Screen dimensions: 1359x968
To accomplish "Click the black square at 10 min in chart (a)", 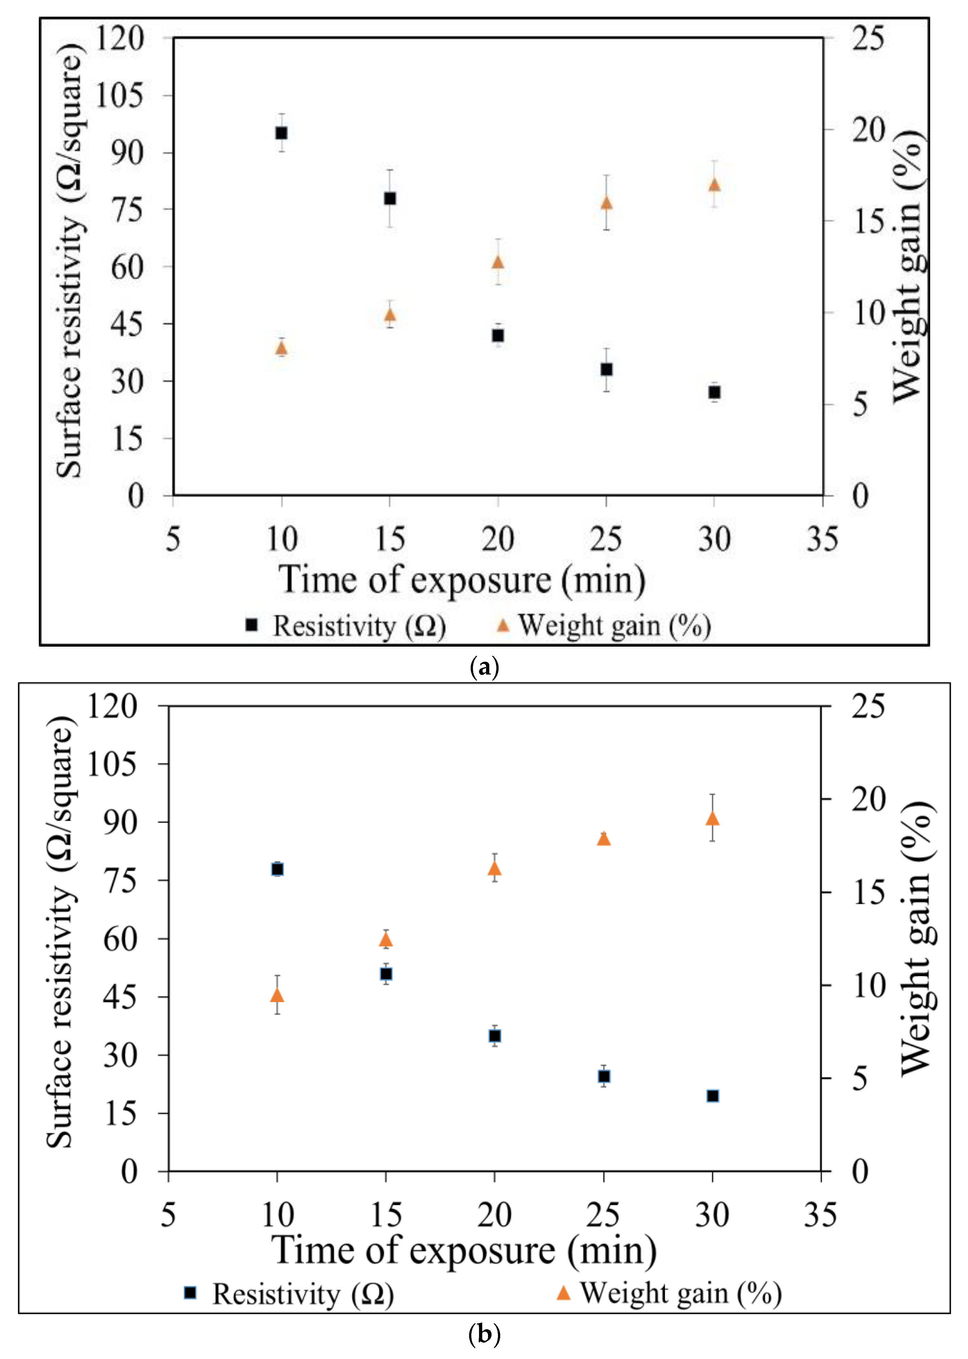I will (x=281, y=133).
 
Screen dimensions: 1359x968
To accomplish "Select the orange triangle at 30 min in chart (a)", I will (x=714, y=185).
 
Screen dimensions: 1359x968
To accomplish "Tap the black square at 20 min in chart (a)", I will (x=498, y=336).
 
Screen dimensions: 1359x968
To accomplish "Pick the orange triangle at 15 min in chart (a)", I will (x=390, y=315).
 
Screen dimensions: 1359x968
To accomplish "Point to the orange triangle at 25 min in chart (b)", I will (x=604, y=839).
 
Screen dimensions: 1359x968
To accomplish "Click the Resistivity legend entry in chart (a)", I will (x=346, y=626).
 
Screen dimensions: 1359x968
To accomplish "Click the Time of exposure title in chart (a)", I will (x=462, y=580).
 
